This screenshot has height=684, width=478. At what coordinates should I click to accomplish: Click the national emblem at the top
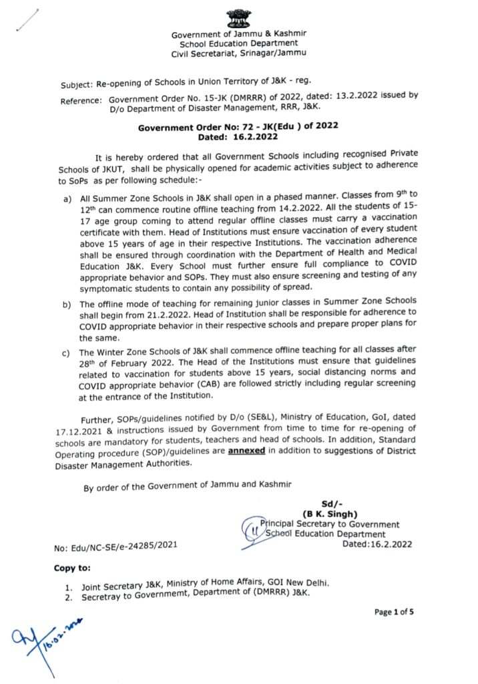point(238,18)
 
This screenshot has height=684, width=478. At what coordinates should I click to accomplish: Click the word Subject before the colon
point(77,86)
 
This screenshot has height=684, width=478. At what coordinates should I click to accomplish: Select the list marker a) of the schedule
point(67,199)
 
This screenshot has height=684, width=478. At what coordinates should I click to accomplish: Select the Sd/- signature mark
point(331,504)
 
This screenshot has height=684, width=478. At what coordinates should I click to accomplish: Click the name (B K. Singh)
point(331,514)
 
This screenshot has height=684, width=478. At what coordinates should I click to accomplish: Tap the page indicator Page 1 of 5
point(394,612)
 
